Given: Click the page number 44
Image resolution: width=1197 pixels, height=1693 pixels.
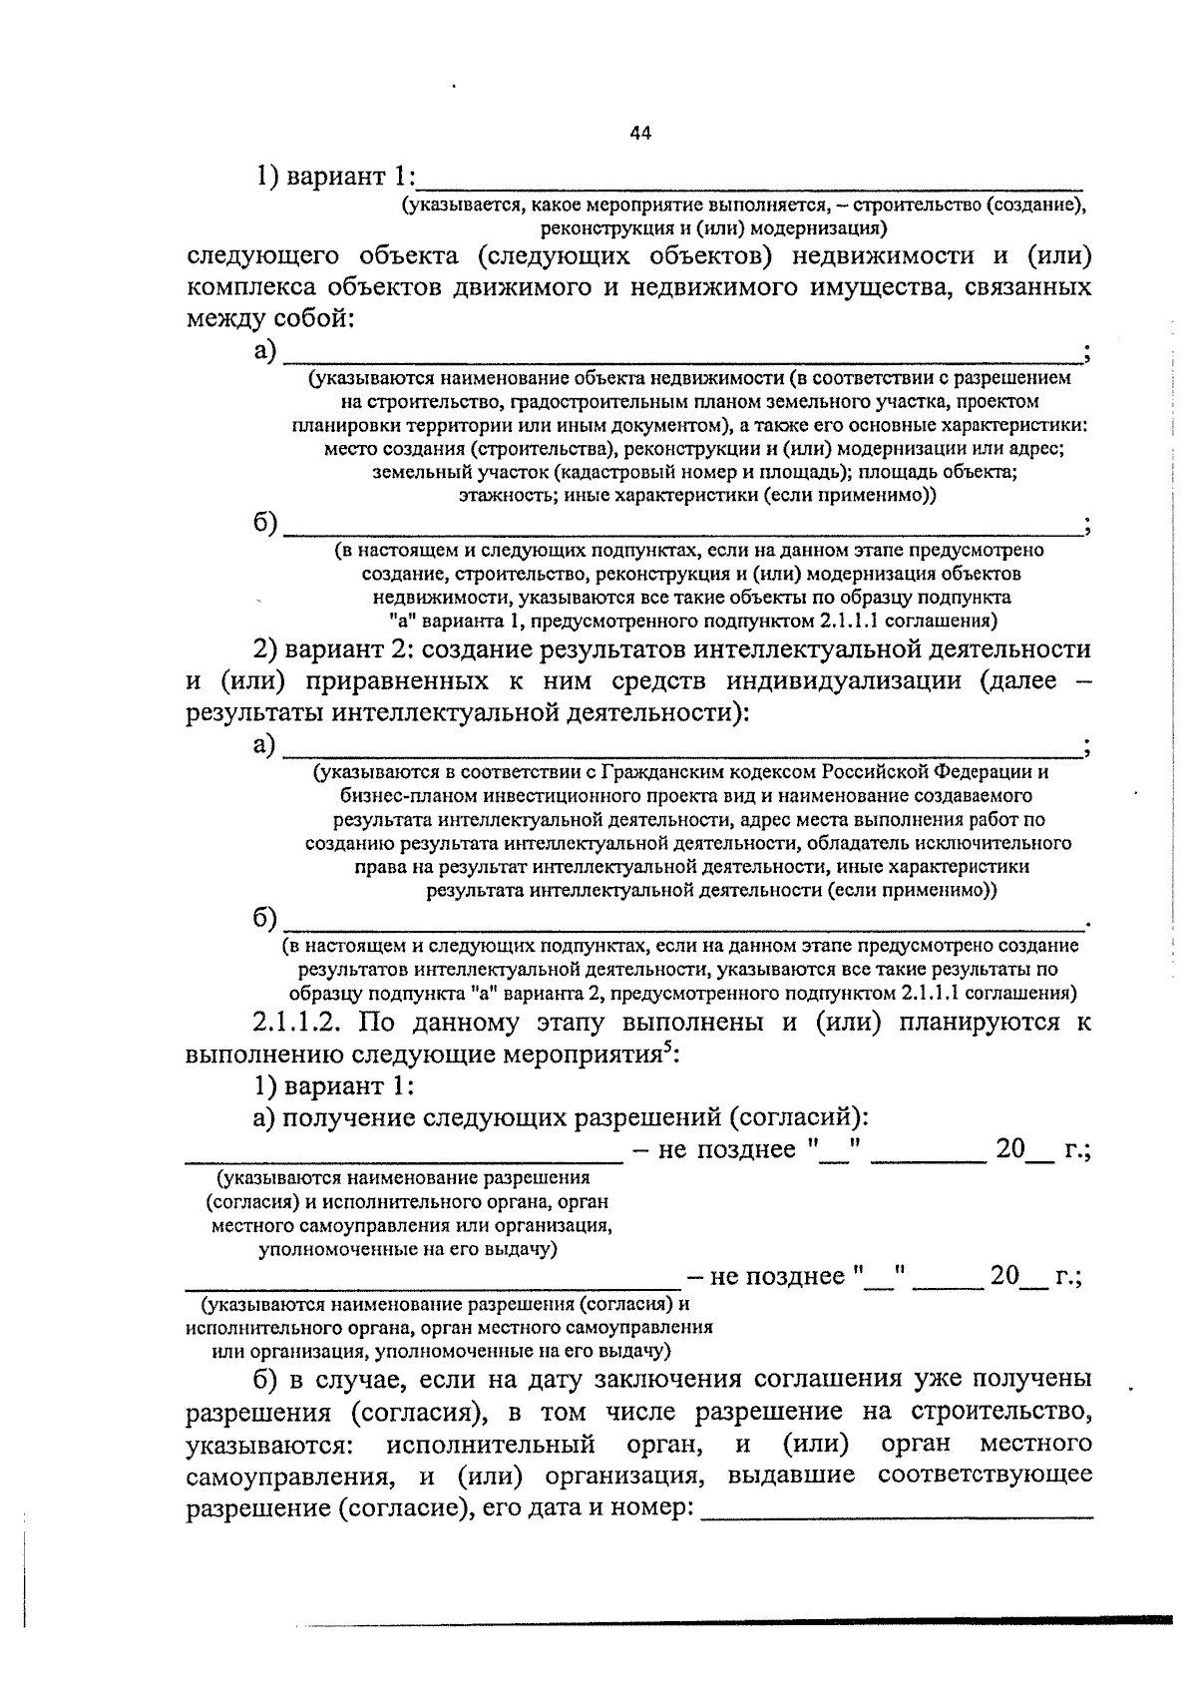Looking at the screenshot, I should [x=640, y=133].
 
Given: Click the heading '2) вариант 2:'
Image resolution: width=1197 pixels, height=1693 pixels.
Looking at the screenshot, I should [x=335, y=649].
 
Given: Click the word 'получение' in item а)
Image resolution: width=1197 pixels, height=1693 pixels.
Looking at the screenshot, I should [x=347, y=1117].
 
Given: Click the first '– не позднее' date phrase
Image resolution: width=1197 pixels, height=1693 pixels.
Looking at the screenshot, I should [x=714, y=1149].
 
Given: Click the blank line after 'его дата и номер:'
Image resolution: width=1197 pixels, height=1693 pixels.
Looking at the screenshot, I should [x=898, y=1509].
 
